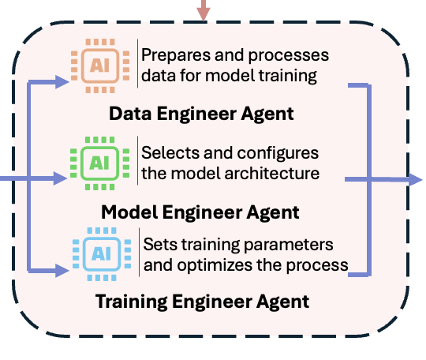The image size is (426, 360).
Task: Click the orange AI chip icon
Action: click(x=100, y=66)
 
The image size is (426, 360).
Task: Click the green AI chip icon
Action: click(x=99, y=163)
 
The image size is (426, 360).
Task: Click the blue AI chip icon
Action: click(x=102, y=254)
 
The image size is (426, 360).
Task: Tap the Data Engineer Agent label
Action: click(x=201, y=114)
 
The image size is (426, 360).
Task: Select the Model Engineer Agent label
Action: click(x=200, y=212)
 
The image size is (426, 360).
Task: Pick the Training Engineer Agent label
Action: click(x=203, y=302)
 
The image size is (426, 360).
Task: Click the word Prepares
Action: click(x=176, y=56)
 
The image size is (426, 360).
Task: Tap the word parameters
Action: click(x=289, y=246)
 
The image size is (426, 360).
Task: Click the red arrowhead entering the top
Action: click(x=204, y=14)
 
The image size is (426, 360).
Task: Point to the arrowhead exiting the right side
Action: click(x=416, y=179)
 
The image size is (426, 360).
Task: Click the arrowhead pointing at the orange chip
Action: click(x=62, y=82)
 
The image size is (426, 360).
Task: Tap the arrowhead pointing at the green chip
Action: click(x=60, y=178)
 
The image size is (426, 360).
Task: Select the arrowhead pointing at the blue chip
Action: click(x=62, y=271)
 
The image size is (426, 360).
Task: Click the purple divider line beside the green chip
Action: click(x=138, y=160)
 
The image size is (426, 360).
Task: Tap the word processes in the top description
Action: click(x=289, y=56)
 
